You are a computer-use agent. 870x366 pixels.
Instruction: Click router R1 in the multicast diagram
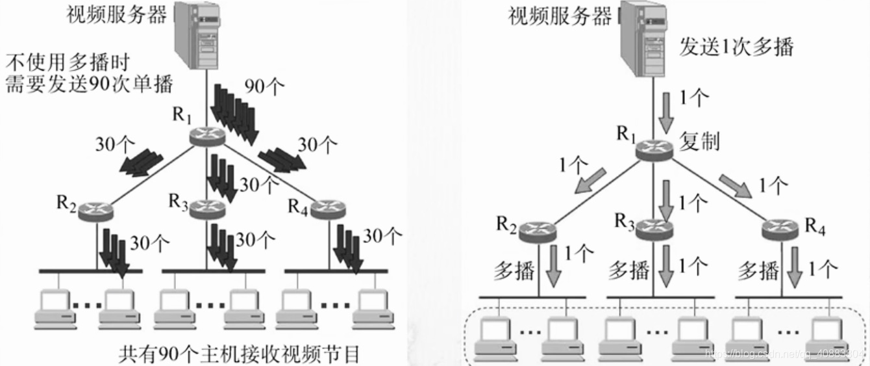tap(654, 150)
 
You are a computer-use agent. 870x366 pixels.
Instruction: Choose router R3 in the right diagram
tap(656, 228)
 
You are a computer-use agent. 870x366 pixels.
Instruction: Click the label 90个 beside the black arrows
tap(265, 86)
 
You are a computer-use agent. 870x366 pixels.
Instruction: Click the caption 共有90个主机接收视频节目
tap(239, 354)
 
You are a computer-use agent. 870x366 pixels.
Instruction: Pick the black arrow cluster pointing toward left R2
tap(142, 163)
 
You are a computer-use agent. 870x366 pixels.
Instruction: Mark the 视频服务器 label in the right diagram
tap(560, 16)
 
